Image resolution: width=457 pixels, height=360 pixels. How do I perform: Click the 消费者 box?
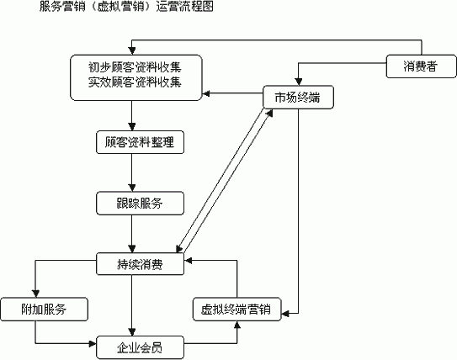(421, 66)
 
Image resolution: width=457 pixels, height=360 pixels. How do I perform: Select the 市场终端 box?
(298, 97)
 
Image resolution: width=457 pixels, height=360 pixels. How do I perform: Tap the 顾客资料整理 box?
(140, 142)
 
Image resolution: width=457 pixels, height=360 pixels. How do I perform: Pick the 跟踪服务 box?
(140, 204)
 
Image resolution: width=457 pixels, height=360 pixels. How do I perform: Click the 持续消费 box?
(140, 264)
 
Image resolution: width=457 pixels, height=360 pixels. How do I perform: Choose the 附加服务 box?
(44, 310)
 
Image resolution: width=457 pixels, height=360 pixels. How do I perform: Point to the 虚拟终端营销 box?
(237, 310)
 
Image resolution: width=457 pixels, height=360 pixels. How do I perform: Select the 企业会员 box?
(140, 347)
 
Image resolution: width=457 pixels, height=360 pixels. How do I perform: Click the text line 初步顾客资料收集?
(135, 67)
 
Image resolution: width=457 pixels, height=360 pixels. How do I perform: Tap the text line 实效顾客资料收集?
(135, 82)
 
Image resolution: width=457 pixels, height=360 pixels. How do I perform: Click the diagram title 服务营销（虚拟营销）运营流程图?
(126, 6)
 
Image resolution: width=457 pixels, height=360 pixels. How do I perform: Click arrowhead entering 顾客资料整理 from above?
(132, 127)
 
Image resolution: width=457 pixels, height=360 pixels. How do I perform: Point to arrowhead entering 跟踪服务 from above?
(132, 188)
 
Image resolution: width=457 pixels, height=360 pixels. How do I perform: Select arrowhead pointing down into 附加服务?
(35, 294)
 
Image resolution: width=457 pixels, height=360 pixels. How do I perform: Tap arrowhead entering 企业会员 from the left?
(93, 344)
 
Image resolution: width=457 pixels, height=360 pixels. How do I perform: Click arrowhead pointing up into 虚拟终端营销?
(237, 325)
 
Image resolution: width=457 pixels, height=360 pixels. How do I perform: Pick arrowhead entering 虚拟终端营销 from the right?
(285, 314)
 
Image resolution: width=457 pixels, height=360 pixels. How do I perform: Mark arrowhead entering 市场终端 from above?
(298, 82)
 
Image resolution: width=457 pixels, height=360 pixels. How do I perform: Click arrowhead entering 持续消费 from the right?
(188, 261)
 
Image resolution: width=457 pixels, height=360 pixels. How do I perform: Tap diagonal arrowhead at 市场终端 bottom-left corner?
(269, 113)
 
